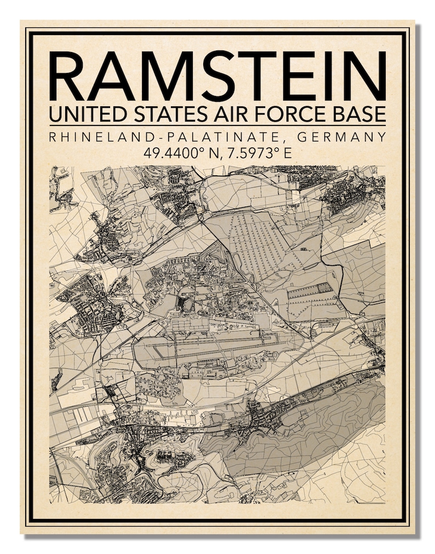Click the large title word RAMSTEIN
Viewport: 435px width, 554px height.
pyautogui.click(x=218, y=76)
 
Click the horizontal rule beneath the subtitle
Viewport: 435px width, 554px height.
pyautogui.click(x=218, y=126)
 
